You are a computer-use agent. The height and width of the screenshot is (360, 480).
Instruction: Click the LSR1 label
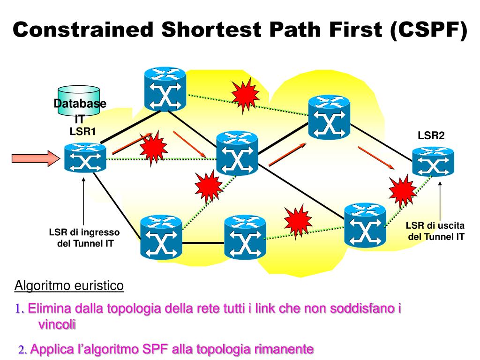point(82,132)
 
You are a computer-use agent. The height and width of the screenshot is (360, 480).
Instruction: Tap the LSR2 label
point(431,136)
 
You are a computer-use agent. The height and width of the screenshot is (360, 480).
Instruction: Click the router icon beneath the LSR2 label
point(433,161)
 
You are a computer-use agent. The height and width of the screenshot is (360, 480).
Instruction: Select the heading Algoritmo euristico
point(69,285)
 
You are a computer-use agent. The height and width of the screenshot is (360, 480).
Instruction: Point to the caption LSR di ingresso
point(84,232)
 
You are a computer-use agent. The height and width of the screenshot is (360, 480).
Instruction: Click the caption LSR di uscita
point(435,226)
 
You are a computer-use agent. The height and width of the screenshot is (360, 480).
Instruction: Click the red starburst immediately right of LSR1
point(153,148)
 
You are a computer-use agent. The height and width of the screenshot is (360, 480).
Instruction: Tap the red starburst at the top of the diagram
point(245,95)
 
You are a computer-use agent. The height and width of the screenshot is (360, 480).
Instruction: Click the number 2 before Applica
point(21,350)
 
